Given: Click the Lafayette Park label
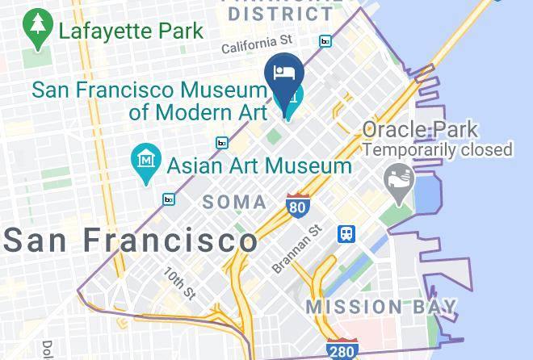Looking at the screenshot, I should click(131, 32).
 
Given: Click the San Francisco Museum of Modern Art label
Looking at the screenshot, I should click(149, 100).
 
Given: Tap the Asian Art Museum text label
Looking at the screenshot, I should click(259, 166).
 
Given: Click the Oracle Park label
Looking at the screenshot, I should click(420, 129).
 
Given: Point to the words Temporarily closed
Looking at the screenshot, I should click(438, 149).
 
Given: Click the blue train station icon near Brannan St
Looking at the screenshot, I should click(347, 233).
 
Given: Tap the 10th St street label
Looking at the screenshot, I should click(180, 283).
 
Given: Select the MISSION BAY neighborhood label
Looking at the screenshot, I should click(381, 308).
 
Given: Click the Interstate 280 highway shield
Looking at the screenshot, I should click(343, 350).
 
